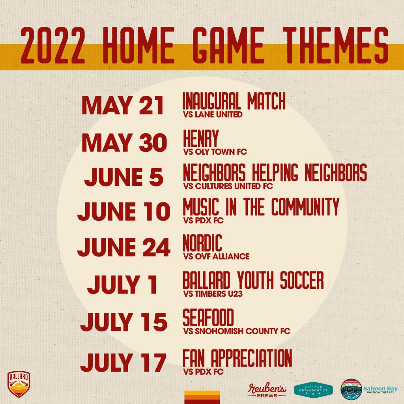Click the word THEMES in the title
point(335,45)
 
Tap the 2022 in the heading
point(53,45)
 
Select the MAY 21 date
point(123,105)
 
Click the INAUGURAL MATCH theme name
point(234,101)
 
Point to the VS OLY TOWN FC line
point(215,152)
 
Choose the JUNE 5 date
point(124,177)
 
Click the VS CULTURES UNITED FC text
point(228,186)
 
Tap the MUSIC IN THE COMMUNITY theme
point(261,207)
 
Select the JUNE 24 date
point(123,247)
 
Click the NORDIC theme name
point(202,243)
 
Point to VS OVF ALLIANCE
point(216,256)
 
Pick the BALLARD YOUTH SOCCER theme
point(253,280)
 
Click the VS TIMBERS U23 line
point(213,294)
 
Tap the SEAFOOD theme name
point(208,318)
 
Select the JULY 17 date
point(123,362)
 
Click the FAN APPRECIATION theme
point(237,358)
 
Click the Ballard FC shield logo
point(19,384)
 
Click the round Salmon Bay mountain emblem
point(351,389)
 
